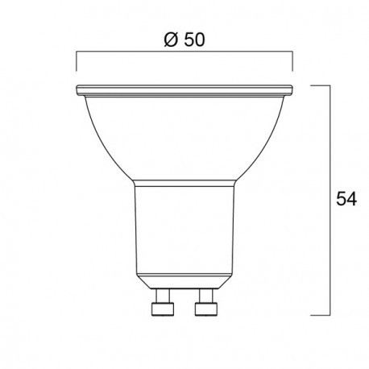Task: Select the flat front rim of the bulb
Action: click(184, 88)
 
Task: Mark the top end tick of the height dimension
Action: click(321, 84)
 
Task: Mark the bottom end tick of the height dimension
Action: click(321, 315)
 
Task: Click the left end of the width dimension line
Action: click(77, 54)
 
